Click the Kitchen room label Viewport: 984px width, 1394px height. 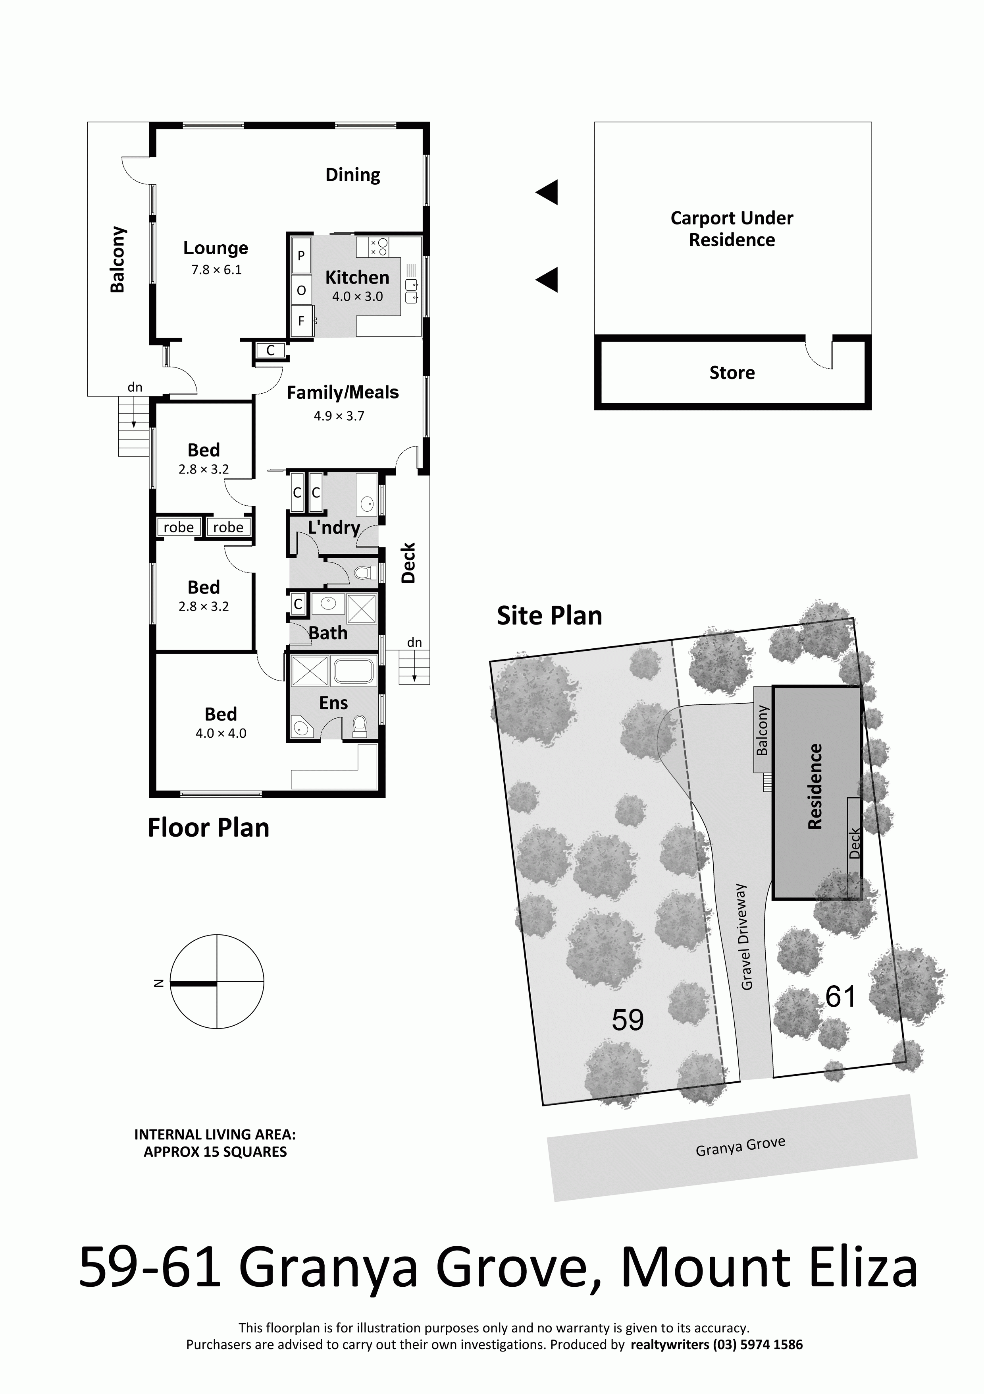pos(357,277)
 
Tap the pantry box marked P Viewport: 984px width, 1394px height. pos(300,256)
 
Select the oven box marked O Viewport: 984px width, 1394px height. pos(301,290)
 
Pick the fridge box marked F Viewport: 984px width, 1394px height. pos(301,321)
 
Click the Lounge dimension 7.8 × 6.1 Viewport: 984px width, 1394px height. pos(217,270)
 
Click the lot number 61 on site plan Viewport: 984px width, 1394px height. pos(840,996)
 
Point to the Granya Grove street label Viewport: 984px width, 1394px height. pos(740,1146)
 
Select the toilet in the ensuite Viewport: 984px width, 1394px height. pos(360,727)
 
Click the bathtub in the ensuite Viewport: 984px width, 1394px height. pos(354,670)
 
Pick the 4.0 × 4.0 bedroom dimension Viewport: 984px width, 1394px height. pos(221,733)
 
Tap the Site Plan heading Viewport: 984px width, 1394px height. pos(549,616)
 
